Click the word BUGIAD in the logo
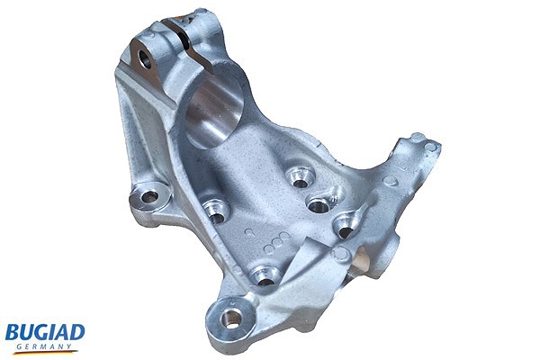pyautogui.click(x=45, y=333)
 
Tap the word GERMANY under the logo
pyautogui.click(x=44, y=346)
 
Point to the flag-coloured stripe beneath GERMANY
pyautogui.click(x=45, y=352)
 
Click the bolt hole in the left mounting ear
pyautogui.click(x=149, y=197)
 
